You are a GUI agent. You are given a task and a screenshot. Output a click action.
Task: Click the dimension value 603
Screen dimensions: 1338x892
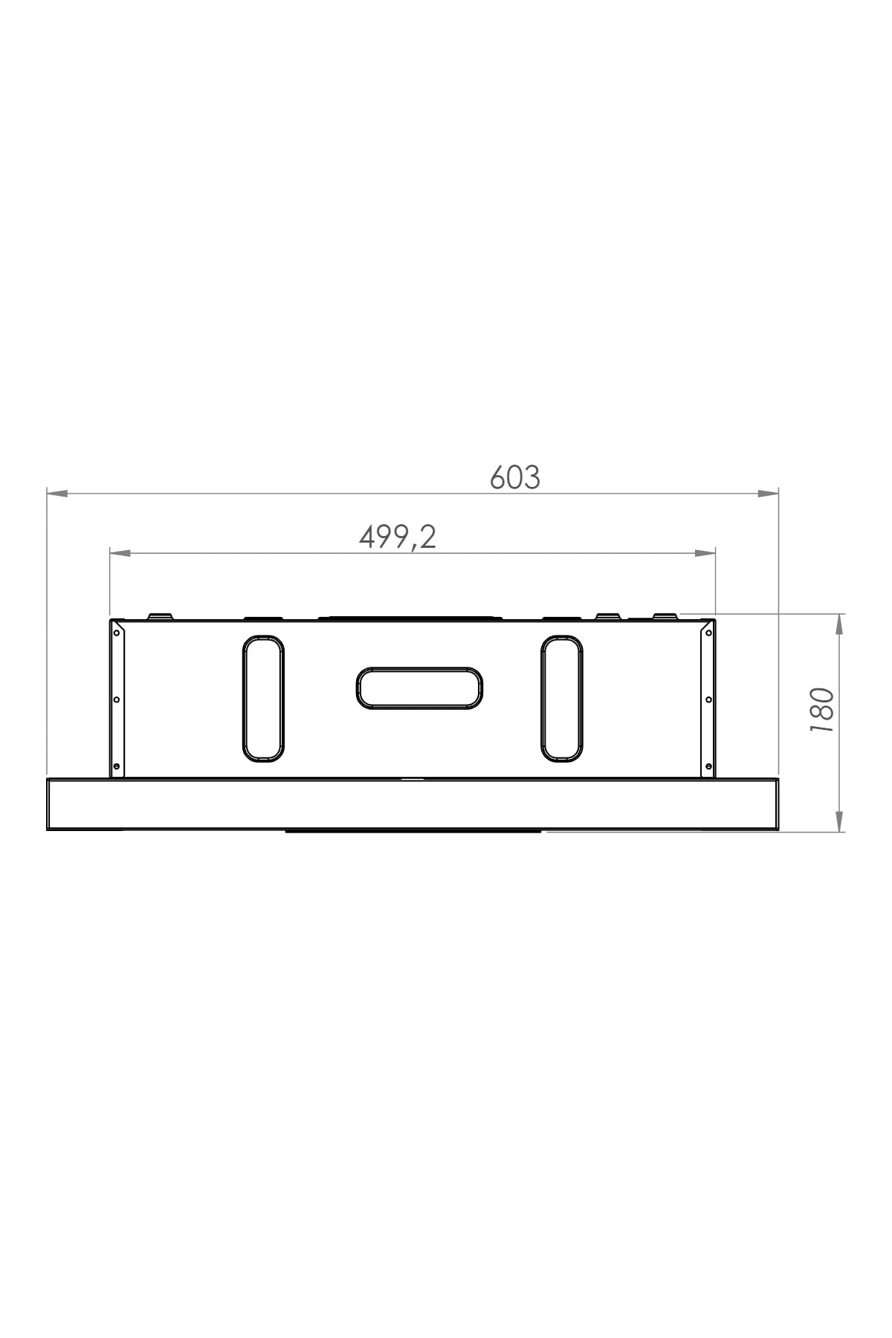pos(514,478)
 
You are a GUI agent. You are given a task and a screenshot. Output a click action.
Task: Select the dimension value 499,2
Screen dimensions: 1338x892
pos(397,537)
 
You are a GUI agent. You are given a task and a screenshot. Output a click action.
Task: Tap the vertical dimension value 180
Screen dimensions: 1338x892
pos(822,711)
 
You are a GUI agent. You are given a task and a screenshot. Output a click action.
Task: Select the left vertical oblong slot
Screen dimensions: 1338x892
pos(263,699)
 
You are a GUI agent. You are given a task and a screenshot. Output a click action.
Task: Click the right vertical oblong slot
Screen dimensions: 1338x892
pos(561,699)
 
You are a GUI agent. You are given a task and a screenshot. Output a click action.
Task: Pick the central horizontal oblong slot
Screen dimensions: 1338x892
pos(419,688)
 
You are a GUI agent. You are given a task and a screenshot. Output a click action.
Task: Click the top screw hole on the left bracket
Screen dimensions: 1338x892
pos(117,633)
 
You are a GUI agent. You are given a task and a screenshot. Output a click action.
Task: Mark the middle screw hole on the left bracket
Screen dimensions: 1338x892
pos(117,699)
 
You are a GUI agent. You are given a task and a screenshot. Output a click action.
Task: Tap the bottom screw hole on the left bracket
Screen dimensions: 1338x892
pos(117,766)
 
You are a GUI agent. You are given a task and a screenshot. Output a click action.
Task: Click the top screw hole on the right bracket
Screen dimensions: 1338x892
pos(708,633)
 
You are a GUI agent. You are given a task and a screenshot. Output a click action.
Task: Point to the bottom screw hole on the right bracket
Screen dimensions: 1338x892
pos(708,766)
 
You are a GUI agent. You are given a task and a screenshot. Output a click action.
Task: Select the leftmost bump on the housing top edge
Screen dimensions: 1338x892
pos(160,616)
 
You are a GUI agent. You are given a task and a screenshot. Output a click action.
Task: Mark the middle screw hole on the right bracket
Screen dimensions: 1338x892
pos(708,699)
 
